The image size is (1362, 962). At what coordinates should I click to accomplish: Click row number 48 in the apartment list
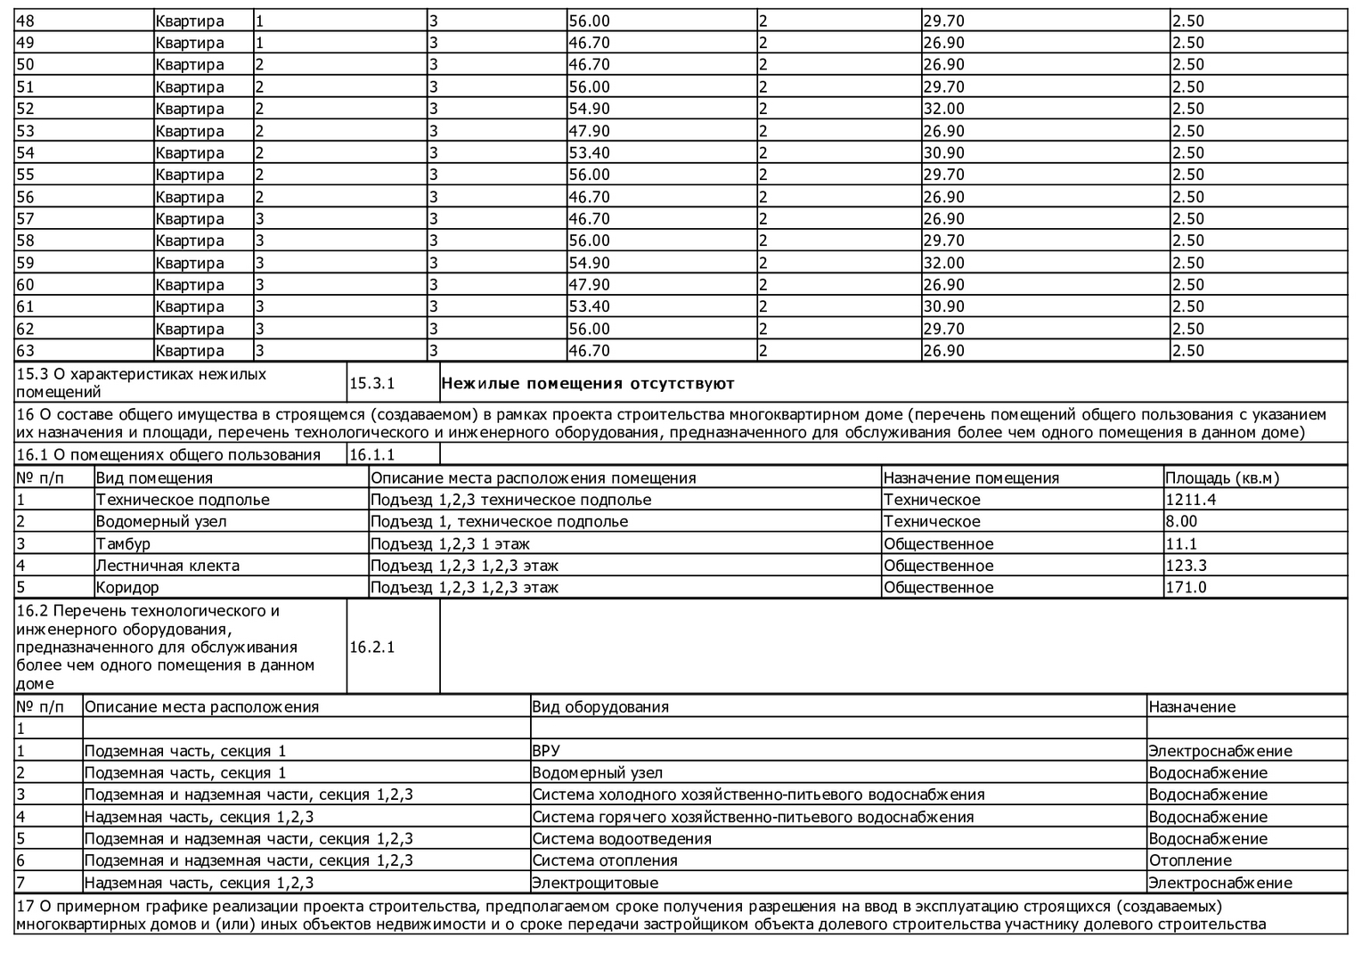(26, 20)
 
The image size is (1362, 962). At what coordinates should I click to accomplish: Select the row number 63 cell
(26, 350)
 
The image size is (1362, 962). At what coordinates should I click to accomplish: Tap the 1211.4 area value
(1190, 500)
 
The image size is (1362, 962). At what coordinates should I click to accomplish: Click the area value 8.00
(1181, 521)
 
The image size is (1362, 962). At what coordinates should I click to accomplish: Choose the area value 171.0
(1186, 587)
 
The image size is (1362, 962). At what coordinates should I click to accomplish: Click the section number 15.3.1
(371, 384)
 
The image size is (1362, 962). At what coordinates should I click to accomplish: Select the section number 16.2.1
(371, 647)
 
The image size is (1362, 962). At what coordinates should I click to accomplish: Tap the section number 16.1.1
(371, 455)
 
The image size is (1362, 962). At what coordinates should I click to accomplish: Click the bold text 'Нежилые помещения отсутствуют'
(588, 384)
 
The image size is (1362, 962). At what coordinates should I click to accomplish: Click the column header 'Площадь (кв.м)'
(1221, 477)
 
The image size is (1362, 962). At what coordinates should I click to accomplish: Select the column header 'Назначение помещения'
(971, 477)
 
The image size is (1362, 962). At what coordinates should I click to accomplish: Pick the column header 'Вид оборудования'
(600, 706)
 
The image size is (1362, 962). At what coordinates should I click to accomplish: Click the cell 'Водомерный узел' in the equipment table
(597, 772)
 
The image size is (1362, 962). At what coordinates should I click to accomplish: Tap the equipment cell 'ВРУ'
(546, 751)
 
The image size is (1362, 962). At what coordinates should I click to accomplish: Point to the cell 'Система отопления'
(605, 860)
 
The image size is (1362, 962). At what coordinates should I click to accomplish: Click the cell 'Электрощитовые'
(595, 883)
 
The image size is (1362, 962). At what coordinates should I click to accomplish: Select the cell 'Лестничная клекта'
(167, 566)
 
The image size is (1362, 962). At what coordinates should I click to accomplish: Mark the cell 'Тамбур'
(123, 543)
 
